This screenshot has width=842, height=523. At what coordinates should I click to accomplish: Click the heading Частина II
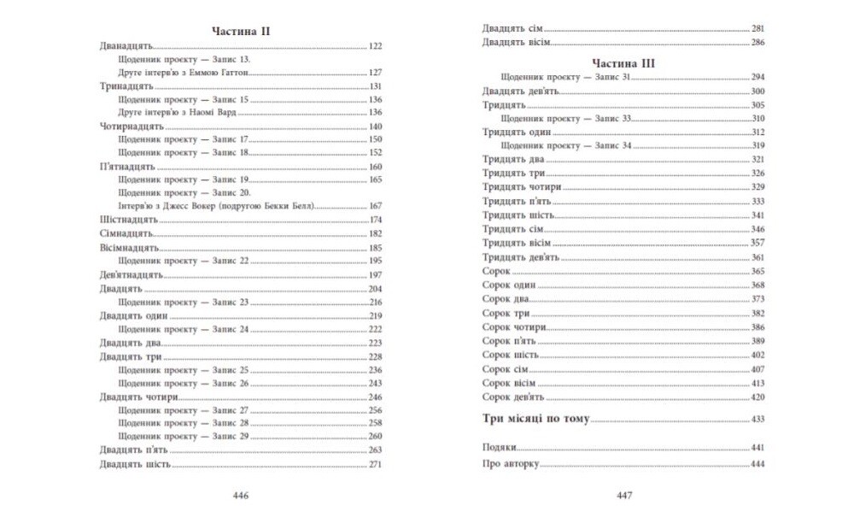click(x=240, y=31)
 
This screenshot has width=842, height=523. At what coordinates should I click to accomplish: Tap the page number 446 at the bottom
click(x=240, y=495)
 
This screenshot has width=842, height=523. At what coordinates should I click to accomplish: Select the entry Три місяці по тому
click(x=535, y=420)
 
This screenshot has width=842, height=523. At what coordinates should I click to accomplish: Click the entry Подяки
click(x=500, y=448)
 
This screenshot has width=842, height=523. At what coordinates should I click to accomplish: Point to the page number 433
click(x=756, y=420)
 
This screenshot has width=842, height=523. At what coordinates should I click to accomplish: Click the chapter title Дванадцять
click(x=124, y=45)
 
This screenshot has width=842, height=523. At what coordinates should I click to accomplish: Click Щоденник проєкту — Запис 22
click(x=183, y=260)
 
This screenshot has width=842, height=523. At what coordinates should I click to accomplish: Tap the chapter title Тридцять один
click(x=516, y=132)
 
